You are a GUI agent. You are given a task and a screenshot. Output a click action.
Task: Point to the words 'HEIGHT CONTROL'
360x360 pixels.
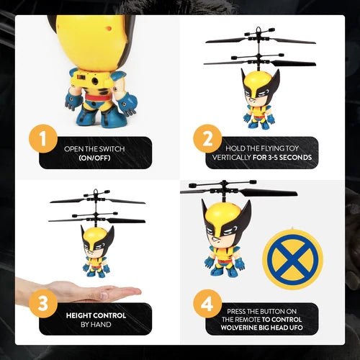pyautogui.click(x=96, y=315)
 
